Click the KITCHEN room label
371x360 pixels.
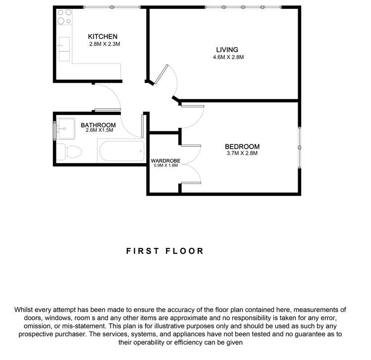click(x=103, y=37)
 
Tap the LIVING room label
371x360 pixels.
click(x=227, y=50)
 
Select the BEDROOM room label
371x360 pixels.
click(x=242, y=146)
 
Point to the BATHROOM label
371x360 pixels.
click(x=99, y=125)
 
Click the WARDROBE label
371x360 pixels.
click(x=165, y=160)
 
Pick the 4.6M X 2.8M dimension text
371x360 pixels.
click(x=228, y=57)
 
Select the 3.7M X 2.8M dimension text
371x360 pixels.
click(x=242, y=153)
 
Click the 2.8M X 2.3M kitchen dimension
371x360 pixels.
click(x=105, y=44)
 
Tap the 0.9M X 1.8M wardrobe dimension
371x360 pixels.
click(x=165, y=165)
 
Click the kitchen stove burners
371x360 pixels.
click(x=63, y=17)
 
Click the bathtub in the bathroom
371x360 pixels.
click(x=121, y=151)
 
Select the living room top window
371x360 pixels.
click(x=243, y=7)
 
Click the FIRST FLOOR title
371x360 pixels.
click(x=165, y=251)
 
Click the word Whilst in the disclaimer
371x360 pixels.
click(x=26, y=309)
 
